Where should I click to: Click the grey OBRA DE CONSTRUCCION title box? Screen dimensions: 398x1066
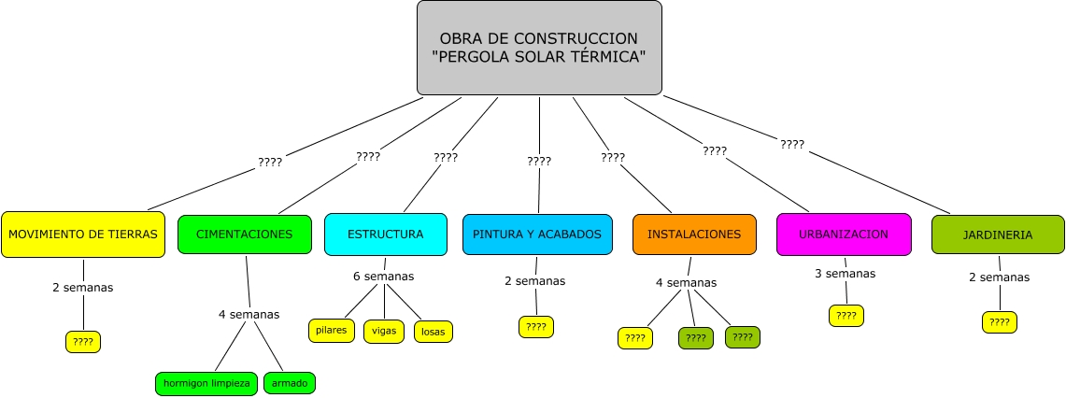coord(539,48)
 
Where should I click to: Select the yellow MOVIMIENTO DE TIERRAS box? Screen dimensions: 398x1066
coord(82,235)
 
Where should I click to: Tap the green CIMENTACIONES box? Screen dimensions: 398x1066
coord(244,235)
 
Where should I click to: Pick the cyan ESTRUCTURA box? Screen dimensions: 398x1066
coord(385,235)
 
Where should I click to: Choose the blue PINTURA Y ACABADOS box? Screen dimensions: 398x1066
coord(537,235)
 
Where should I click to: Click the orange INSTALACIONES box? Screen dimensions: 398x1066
coord(694,235)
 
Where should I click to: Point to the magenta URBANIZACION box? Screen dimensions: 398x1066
coord(844,235)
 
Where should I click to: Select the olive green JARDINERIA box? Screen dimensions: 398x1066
coord(998,235)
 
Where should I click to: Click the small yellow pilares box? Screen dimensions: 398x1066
coord(332,330)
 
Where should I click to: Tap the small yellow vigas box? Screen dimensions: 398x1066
coord(384,331)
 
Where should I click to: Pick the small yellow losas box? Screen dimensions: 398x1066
coord(434,331)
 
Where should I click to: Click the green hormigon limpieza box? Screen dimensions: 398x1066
coord(206,383)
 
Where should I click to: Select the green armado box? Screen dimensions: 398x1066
coord(290,383)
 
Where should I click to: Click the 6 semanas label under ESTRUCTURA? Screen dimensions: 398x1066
coord(383,276)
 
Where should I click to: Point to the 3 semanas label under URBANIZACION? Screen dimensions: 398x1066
coord(846,274)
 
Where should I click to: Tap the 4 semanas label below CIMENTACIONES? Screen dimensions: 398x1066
coord(249,314)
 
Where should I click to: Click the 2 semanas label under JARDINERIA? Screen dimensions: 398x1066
coord(999,277)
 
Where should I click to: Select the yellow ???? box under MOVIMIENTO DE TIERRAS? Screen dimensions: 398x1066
coord(83,342)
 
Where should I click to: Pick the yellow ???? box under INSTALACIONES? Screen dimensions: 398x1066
coord(635,338)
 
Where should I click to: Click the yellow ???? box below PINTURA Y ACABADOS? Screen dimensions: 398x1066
coord(536,327)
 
